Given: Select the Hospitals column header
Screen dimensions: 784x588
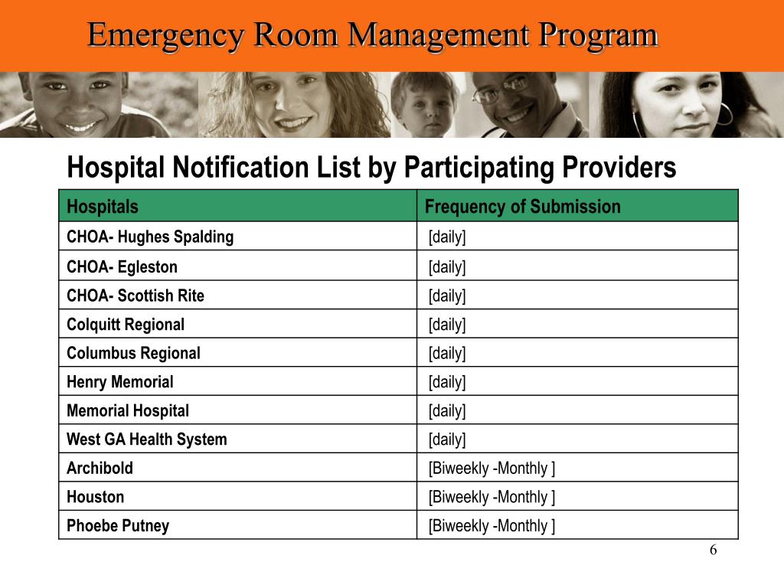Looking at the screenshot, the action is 103,207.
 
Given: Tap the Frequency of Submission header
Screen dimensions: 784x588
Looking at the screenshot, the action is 522,207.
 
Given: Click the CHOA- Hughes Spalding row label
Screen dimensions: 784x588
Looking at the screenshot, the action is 150,237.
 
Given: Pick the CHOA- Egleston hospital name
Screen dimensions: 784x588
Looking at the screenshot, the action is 122,267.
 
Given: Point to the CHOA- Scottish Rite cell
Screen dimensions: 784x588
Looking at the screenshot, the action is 136,296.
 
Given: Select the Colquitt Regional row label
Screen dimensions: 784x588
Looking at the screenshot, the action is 126,325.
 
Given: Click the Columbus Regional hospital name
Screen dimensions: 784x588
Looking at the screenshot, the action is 133,353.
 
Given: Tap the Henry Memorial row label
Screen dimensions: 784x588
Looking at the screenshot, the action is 120,382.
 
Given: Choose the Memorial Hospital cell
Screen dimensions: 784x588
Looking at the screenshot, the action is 128,410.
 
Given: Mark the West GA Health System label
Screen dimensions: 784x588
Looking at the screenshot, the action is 147,439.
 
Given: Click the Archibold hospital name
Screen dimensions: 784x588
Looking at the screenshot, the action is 100,468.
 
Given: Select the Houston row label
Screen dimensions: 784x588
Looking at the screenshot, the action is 96,497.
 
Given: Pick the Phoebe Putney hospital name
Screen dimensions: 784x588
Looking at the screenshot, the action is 118,526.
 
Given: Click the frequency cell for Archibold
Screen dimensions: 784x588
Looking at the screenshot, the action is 492,468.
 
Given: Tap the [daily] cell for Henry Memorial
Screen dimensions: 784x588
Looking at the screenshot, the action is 447,382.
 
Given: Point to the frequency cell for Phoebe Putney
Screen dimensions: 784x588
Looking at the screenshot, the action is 492,526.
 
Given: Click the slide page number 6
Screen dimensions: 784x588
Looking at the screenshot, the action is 713,550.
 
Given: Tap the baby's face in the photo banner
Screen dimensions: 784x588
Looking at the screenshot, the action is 426,107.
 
